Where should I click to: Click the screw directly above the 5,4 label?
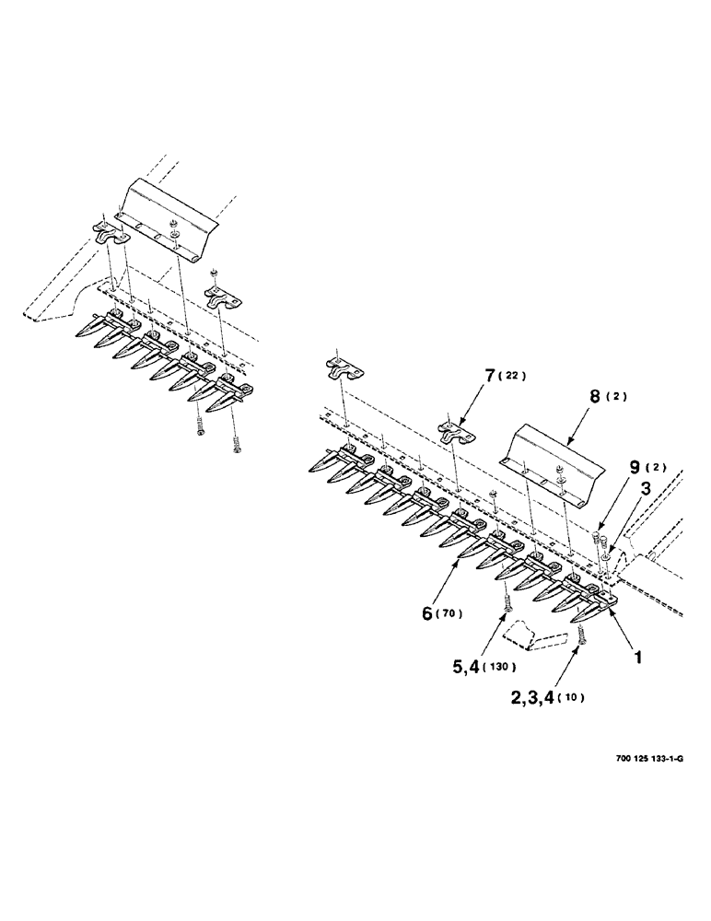[506, 603]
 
